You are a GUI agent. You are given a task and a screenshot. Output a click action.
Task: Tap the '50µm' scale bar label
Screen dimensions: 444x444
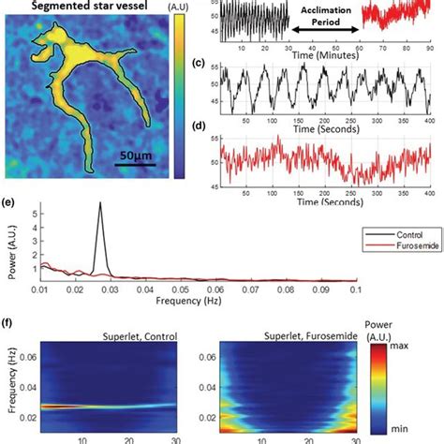[x=137, y=156]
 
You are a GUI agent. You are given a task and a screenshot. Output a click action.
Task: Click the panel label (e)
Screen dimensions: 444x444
[x=8, y=200]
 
